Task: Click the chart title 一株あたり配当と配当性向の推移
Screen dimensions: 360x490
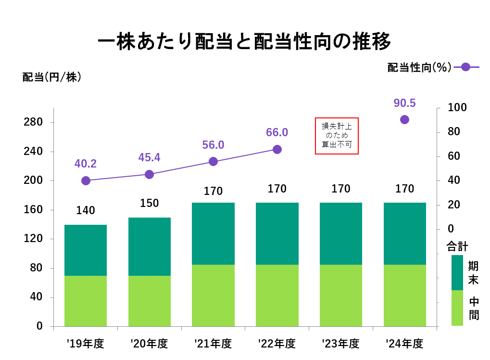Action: (244, 42)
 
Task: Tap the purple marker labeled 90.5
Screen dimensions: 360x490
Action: (404, 119)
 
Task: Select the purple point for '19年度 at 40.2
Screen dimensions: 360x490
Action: (86, 180)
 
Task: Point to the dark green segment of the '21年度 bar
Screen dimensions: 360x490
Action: (213, 233)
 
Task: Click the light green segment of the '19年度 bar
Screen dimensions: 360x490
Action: (86, 301)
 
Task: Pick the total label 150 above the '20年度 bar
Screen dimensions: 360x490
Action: (149, 203)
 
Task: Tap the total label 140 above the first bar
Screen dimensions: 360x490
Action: (86, 210)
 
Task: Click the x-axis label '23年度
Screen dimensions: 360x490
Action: (340, 344)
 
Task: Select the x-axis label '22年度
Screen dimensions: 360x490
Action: (276, 344)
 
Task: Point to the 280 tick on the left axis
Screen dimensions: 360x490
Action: (33, 122)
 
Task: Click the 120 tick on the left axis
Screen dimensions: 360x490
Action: (33, 239)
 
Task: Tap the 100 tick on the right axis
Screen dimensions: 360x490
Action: (457, 107)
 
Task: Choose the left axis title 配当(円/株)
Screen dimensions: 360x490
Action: (52, 77)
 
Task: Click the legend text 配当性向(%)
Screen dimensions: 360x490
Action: (419, 67)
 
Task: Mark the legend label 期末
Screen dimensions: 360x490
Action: (473, 273)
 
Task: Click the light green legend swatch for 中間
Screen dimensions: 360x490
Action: (457, 308)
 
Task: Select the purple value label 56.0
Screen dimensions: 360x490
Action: (213, 145)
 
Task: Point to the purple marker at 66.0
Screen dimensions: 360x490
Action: (277, 149)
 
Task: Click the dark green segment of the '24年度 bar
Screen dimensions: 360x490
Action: (404, 233)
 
